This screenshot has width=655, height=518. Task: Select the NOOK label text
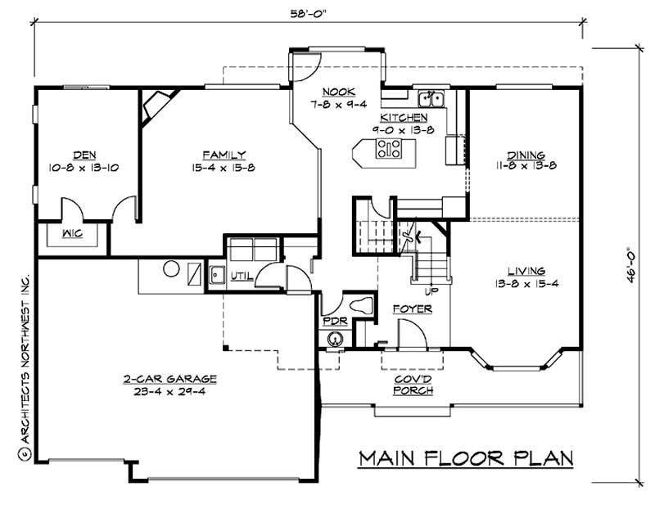click(x=337, y=92)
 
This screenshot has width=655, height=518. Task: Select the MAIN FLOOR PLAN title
click(x=466, y=457)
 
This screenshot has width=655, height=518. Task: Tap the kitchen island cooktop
click(x=388, y=148)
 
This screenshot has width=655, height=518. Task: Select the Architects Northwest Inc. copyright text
click(x=23, y=360)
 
